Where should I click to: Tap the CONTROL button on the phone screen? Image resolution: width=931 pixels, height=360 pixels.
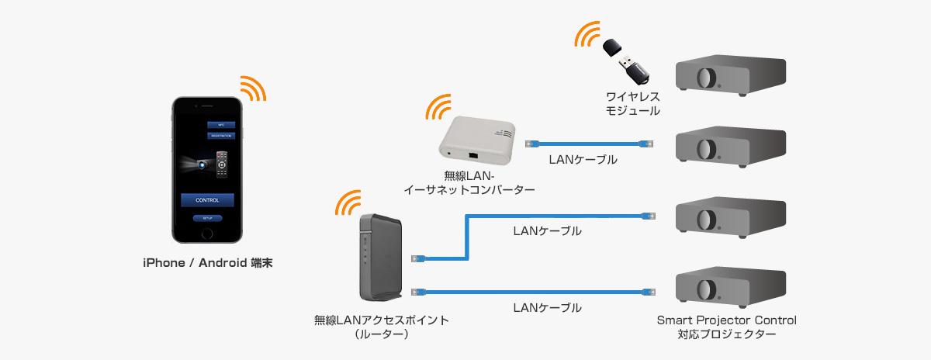207,200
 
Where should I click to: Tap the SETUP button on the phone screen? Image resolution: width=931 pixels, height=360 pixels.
207,219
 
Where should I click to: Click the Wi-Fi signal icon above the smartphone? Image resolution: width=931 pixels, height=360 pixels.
251,88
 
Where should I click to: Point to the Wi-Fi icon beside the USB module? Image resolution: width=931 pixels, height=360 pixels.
587,35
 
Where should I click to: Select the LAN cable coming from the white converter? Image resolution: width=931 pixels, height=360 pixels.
590,144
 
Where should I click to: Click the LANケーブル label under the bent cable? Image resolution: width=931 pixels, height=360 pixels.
547,231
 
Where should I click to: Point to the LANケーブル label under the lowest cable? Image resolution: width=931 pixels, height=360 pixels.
547,307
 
